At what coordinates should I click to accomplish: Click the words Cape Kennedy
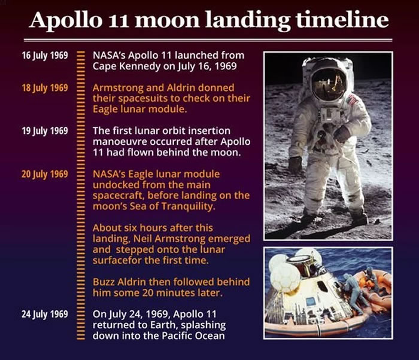(123, 66)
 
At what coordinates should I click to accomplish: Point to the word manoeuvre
(120, 142)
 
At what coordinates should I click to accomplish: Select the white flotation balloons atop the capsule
(286, 275)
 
